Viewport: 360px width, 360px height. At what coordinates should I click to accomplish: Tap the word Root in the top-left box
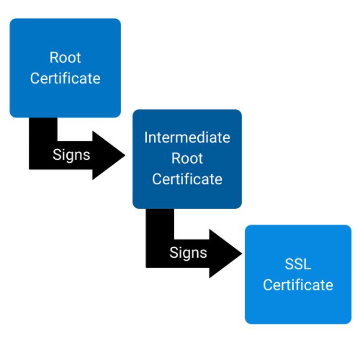(x=65, y=58)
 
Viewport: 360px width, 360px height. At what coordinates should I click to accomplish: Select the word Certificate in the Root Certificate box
(x=65, y=78)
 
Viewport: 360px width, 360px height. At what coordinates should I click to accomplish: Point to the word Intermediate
(x=187, y=137)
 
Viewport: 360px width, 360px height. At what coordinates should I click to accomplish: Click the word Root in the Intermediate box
(x=187, y=158)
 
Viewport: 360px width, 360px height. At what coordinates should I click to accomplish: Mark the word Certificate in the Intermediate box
(x=187, y=179)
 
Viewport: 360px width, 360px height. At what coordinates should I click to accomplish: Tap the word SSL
(x=298, y=264)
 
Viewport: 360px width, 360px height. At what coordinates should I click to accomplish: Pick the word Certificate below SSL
(x=298, y=285)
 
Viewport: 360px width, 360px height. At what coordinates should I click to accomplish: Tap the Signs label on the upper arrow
(x=71, y=155)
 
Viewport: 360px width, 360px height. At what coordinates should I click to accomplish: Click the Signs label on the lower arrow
(x=188, y=253)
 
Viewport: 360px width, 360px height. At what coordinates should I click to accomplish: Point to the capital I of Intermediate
(x=146, y=137)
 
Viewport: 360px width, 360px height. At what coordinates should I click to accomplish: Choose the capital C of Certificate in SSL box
(x=267, y=285)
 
